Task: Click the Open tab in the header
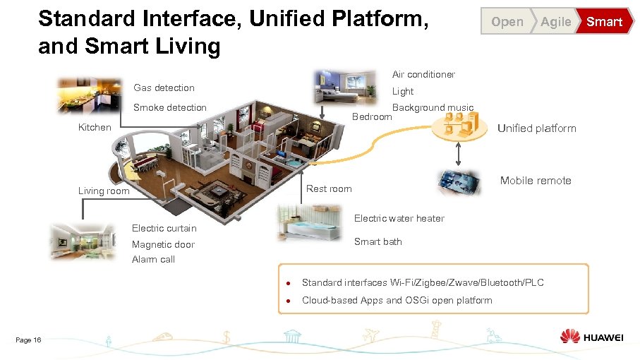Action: [x=507, y=22]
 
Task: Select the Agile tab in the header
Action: [x=555, y=22]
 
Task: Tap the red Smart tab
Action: [x=604, y=22]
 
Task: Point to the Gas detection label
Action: [x=164, y=88]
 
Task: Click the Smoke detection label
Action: [x=170, y=107]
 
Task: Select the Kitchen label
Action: [x=95, y=127]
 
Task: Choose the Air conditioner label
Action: [x=423, y=74]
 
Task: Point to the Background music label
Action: [x=433, y=107]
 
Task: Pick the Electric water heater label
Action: [x=399, y=218]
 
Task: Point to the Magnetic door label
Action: [x=163, y=244]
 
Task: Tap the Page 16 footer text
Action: [x=28, y=340]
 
